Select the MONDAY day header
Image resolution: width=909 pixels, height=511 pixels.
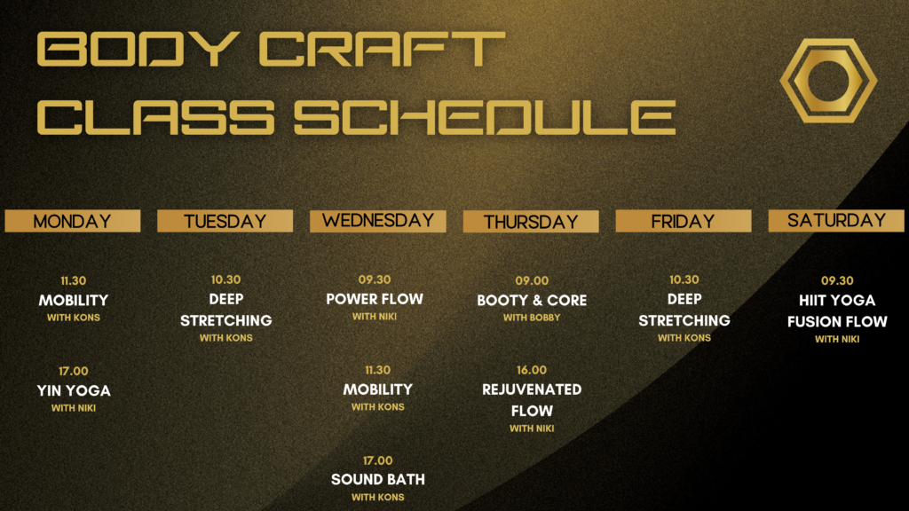73,221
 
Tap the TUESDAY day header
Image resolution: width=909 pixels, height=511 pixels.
225,221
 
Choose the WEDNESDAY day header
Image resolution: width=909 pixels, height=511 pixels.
378,221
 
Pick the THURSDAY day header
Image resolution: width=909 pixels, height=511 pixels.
531,221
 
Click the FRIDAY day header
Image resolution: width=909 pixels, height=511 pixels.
684,221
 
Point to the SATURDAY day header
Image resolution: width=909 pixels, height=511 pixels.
836,221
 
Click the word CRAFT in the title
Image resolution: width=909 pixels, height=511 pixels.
382,50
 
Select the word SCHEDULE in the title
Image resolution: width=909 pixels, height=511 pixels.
485,117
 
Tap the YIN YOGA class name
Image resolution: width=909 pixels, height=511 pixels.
74,390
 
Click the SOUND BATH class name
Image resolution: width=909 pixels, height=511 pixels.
378,479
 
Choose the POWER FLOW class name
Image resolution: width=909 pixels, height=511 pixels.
375,299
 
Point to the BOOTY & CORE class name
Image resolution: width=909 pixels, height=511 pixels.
532,300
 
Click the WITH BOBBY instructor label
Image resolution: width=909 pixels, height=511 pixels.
532,318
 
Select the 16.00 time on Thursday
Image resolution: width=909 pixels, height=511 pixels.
532,370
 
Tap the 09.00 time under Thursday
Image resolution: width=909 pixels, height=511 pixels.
532,280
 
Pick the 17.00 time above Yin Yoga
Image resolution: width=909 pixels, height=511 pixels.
74,371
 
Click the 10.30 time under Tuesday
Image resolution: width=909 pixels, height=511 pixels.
225,279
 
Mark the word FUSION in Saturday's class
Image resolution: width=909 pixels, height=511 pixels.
810,321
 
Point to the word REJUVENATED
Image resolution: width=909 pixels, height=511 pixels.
532,389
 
